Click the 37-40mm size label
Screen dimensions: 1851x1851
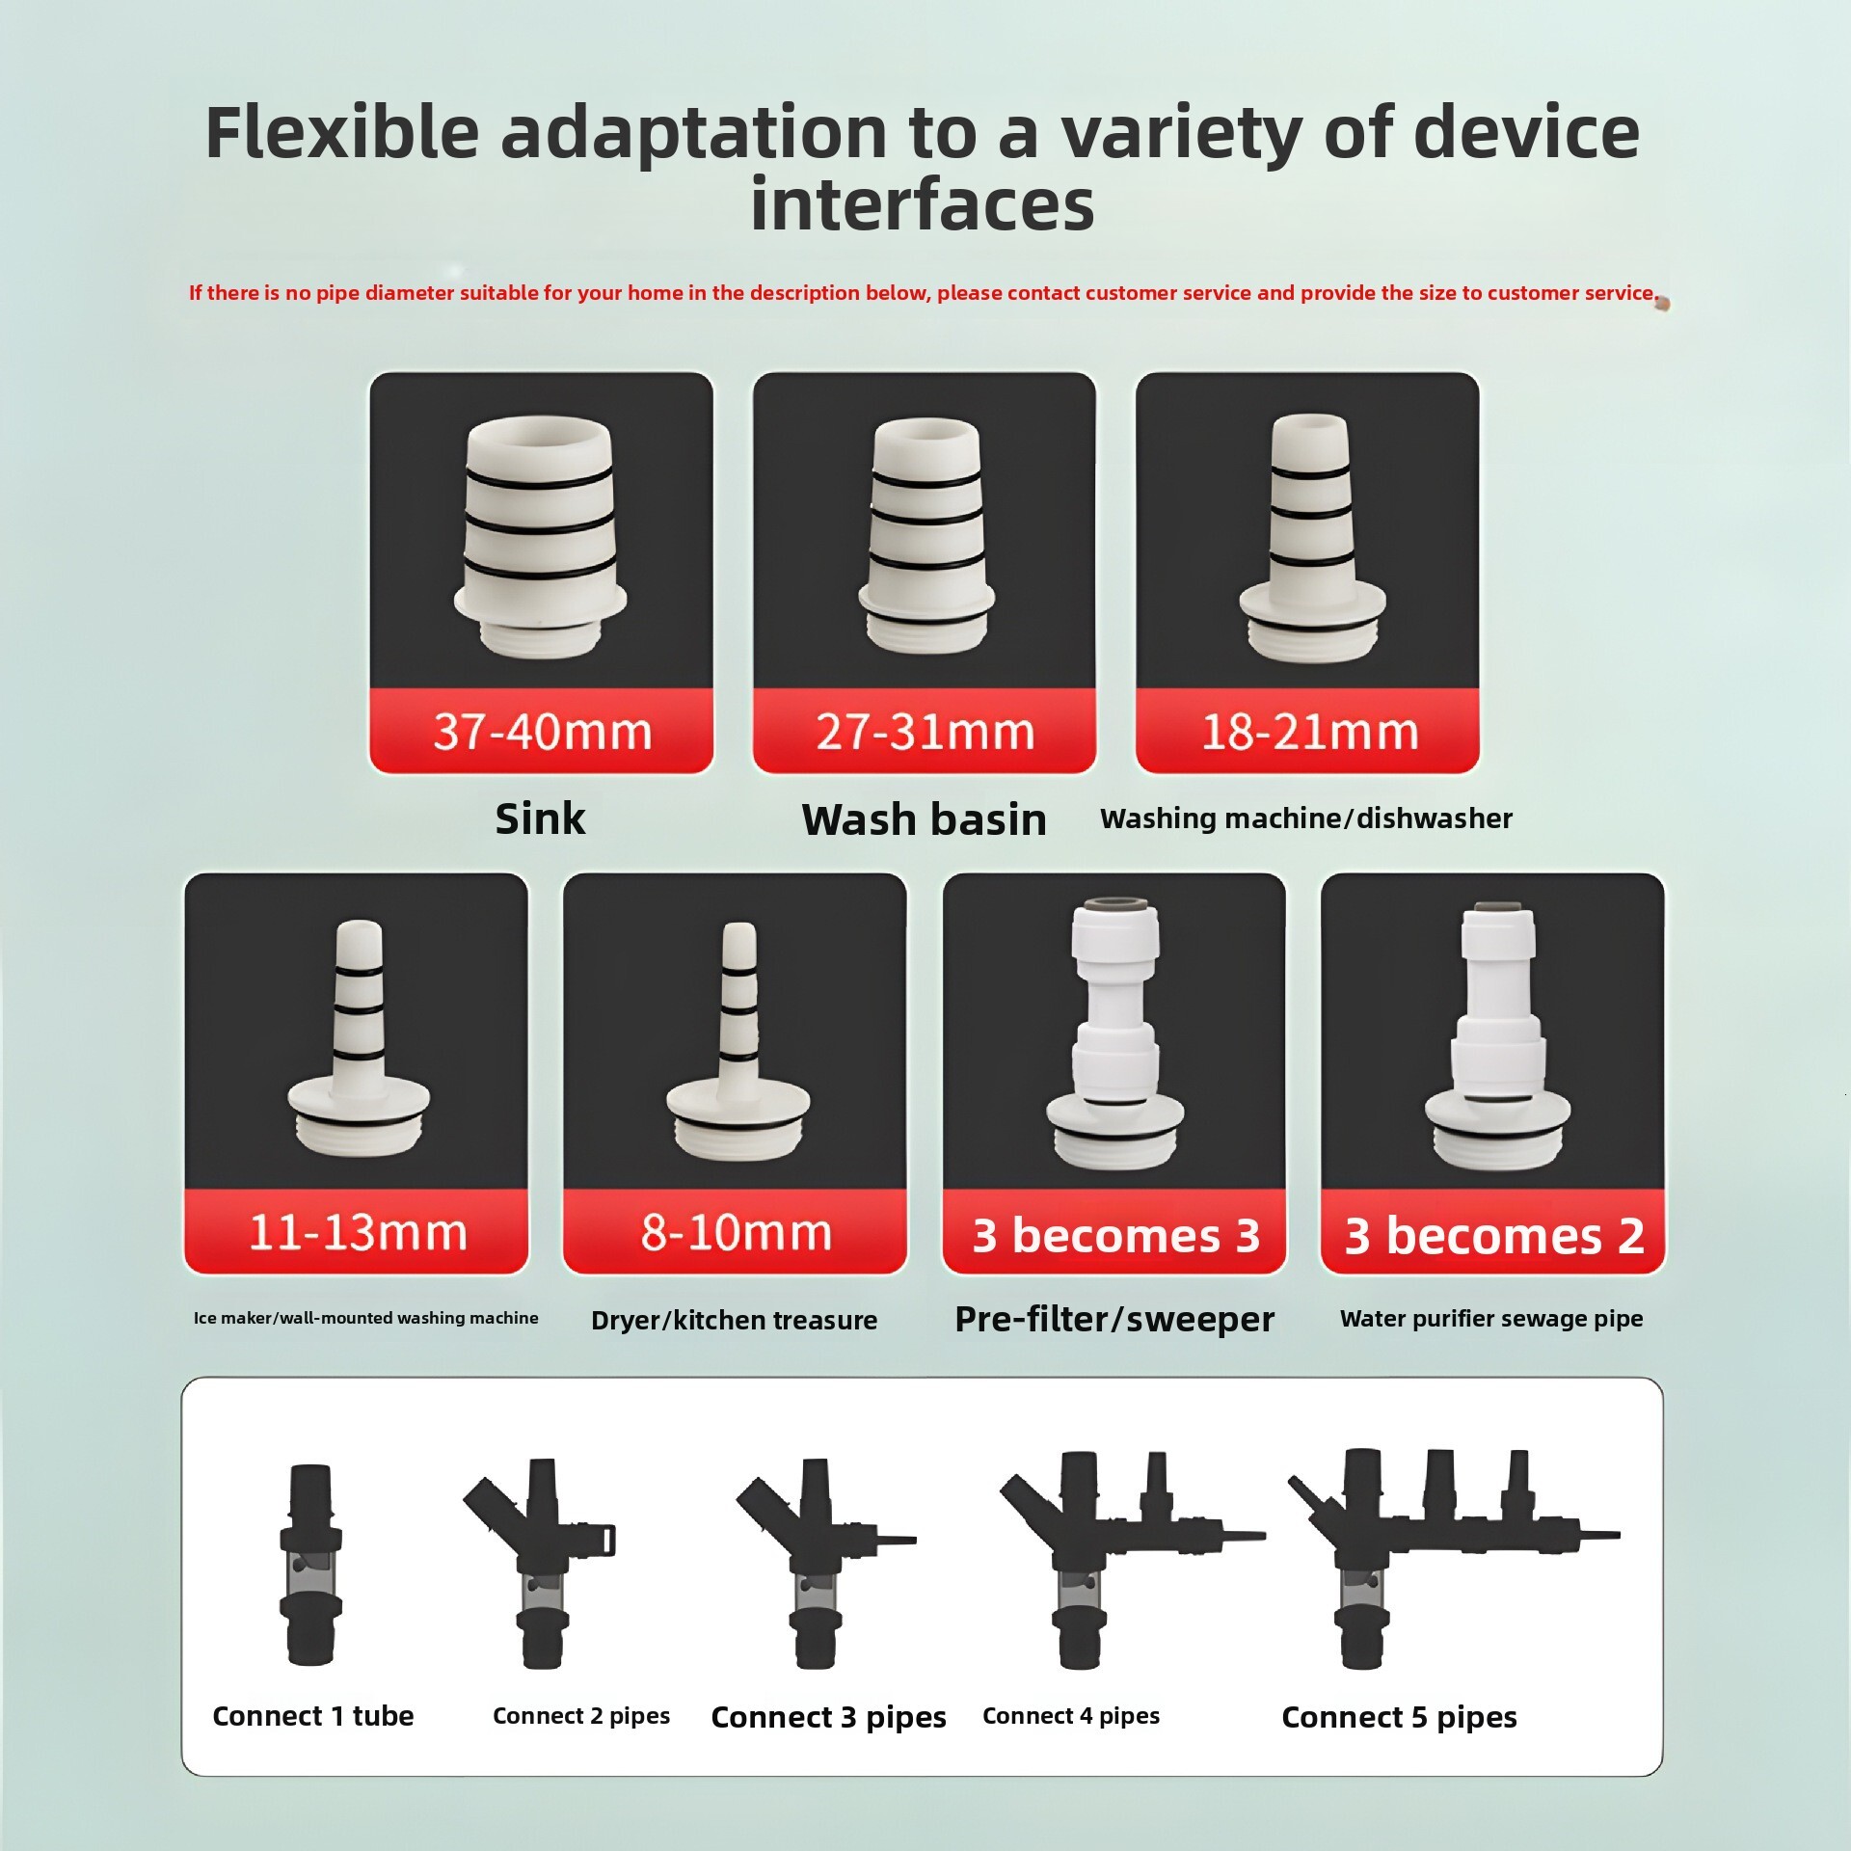[542, 732]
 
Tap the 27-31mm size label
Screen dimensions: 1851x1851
[925, 732]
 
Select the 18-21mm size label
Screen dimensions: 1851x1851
[1308, 732]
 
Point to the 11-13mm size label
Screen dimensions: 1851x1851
[357, 1232]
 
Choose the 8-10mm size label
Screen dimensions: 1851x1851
[736, 1232]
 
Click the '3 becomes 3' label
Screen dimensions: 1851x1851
[1115, 1235]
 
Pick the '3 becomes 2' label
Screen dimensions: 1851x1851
[1493, 1235]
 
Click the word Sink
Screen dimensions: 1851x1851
[540, 818]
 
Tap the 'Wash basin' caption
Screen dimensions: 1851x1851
[924, 819]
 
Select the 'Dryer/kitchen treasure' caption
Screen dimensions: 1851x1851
[734, 1320]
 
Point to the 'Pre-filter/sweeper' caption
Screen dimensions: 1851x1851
[1114, 1319]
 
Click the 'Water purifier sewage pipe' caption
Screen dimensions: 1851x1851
[1491, 1318]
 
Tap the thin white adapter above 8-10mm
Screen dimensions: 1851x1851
[738, 1041]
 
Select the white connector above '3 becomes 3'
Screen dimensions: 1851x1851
[1115, 1032]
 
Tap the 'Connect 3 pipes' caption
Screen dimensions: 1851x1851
[828, 1717]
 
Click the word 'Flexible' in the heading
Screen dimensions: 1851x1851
[342, 132]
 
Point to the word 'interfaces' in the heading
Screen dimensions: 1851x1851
[923, 204]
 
